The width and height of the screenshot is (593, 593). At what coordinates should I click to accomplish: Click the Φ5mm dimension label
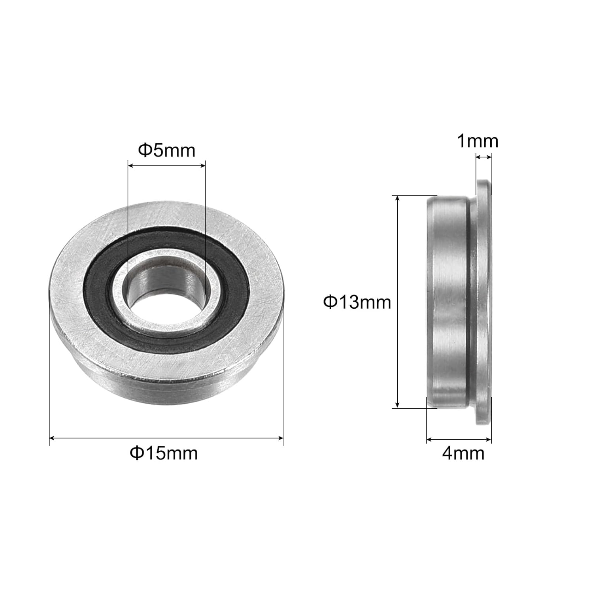click(x=166, y=151)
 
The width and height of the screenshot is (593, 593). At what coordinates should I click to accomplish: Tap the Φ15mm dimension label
click(x=164, y=453)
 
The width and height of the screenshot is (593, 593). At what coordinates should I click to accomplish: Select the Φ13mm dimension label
click(x=357, y=302)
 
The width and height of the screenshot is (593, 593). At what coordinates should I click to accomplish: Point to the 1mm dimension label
click(x=478, y=141)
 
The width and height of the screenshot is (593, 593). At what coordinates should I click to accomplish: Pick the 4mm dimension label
click(x=463, y=453)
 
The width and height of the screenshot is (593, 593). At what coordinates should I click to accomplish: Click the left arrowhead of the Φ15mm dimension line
click(x=52, y=438)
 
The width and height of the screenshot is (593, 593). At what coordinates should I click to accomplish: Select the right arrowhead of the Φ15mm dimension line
click(x=281, y=438)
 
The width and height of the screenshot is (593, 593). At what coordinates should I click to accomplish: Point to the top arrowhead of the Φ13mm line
click(x=398, y=198)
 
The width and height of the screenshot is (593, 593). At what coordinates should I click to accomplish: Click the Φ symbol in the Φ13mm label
click(x=329, y=302)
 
